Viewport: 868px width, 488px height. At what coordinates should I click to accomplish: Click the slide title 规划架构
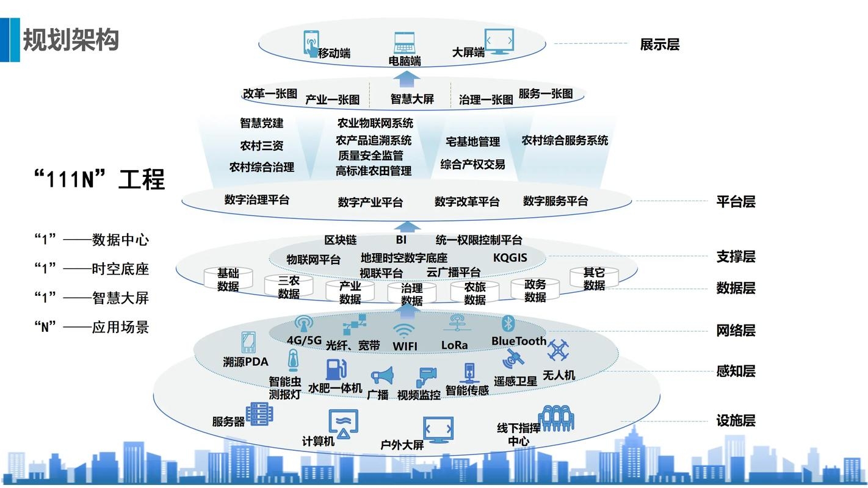pos(70,40)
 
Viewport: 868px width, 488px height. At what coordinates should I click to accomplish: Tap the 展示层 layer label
pos(659,45)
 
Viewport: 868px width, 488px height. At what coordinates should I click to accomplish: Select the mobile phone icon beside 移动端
pos(311,43)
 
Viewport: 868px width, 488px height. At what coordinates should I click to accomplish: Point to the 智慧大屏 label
pos(412,99)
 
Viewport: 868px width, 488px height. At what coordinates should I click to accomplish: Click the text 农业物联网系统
pos(375,123)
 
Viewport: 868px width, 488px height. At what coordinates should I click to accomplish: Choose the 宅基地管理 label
pos(472,142)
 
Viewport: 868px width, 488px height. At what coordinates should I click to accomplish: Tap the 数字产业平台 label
pos(371,202)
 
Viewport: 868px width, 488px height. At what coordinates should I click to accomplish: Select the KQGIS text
pos(510,257)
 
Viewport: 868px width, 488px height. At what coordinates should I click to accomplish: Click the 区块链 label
pos(340,240)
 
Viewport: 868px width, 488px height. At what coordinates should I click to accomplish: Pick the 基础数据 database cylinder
pos(228,279)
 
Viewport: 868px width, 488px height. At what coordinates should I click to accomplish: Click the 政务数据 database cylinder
pos(535,290)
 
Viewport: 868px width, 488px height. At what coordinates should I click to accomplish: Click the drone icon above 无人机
pos(558,351)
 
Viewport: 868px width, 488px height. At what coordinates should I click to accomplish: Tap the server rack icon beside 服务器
pos(259,414)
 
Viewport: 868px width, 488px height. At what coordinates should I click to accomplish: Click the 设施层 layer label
pos(735,420)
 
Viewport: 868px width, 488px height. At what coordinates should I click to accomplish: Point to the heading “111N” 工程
pos(99,180)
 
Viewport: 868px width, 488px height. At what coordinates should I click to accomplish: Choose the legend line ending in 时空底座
pos(92,269)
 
